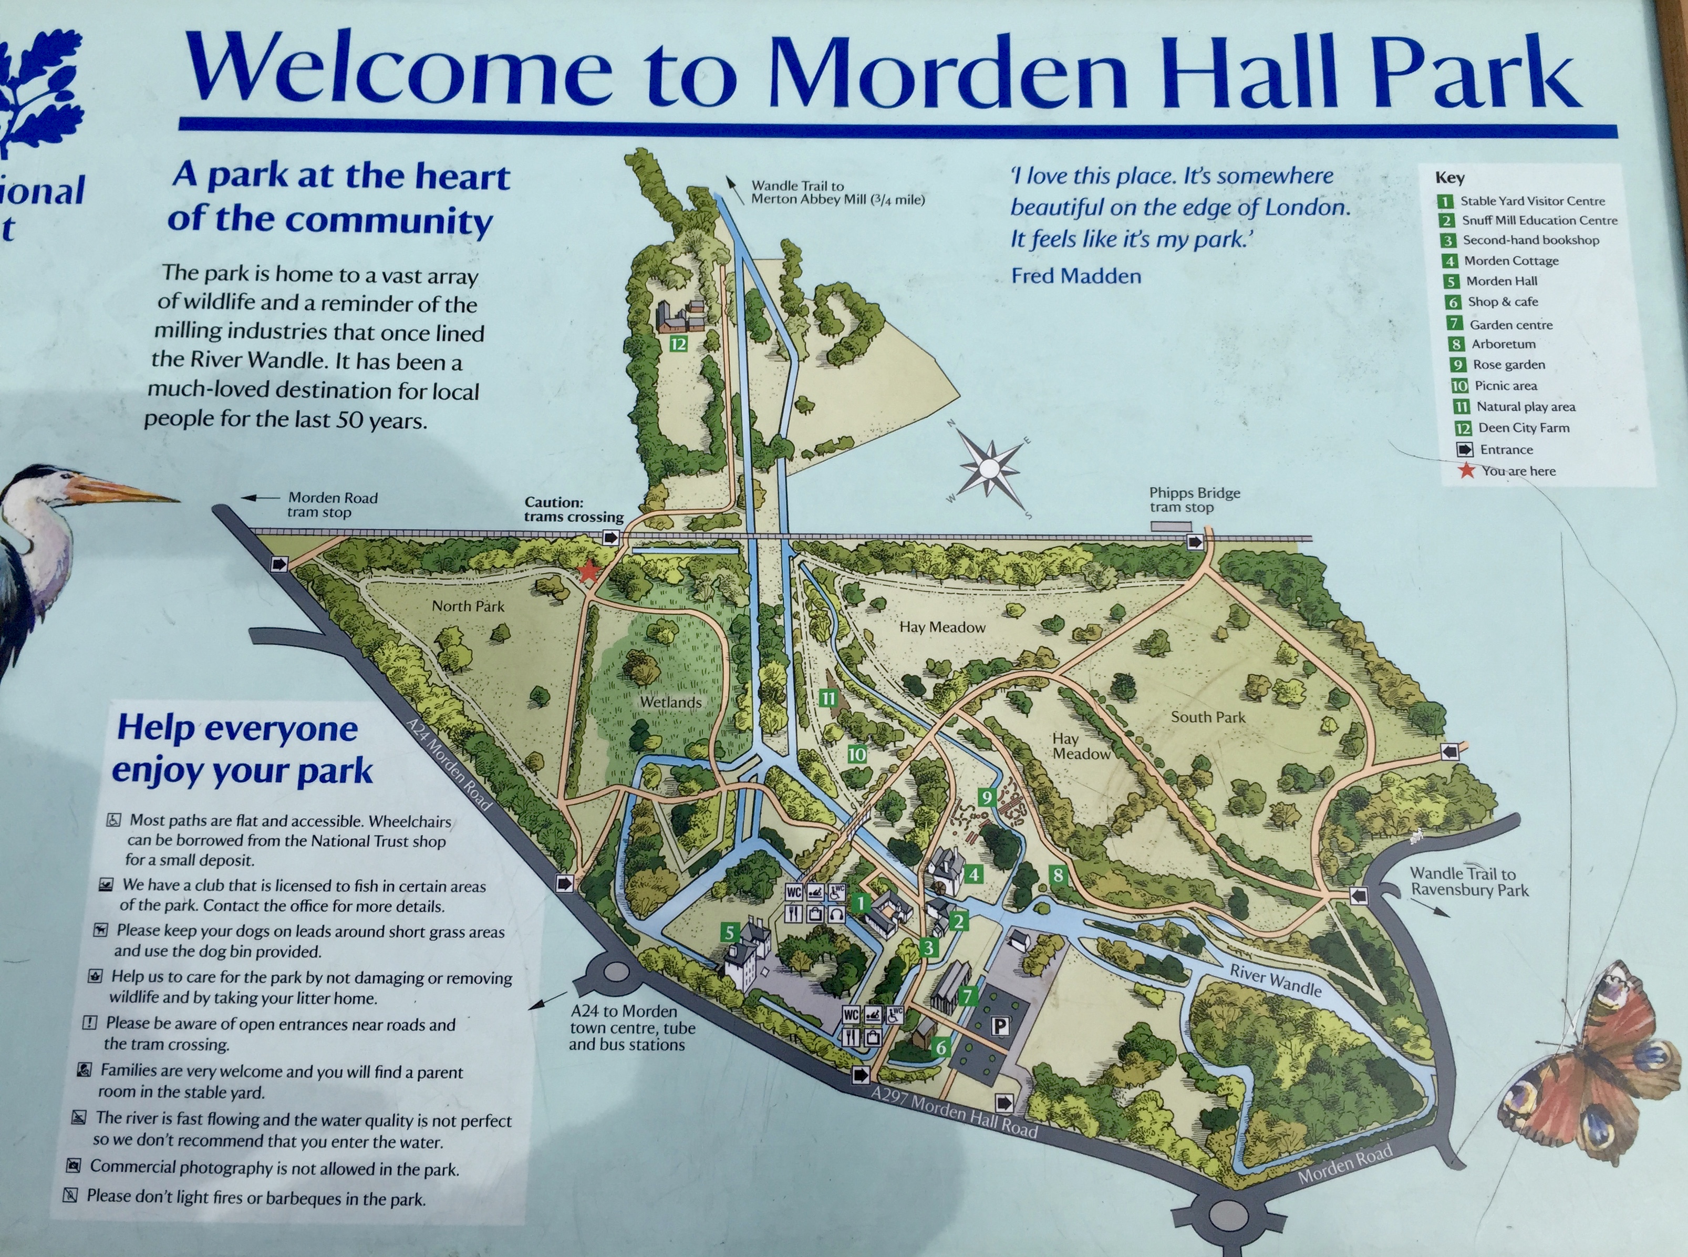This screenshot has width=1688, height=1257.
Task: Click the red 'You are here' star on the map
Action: point(588,571)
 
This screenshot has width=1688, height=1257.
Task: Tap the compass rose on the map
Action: point(988,467)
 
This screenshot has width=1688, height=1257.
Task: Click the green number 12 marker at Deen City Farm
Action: point(678,344)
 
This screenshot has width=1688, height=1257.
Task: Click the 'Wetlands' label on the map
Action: point(670,702)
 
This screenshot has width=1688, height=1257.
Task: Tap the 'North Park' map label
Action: point(468,606)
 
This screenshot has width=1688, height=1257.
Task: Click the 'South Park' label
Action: point(1208,717)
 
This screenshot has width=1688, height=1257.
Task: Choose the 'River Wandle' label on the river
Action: point(1275,981)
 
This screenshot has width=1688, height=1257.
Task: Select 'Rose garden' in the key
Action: point(1508,365)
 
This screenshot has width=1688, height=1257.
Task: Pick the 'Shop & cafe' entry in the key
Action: point(1503,302)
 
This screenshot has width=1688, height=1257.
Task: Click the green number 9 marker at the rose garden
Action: point(987,797)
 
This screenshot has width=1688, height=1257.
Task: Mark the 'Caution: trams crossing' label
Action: point(574,509)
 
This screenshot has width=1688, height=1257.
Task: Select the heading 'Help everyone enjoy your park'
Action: point(242,749)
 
